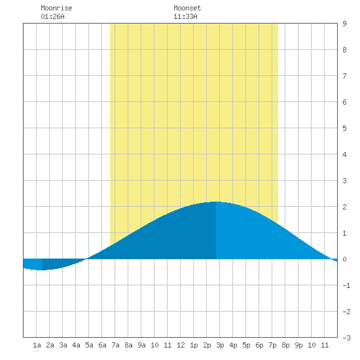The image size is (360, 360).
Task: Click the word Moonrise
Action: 56,8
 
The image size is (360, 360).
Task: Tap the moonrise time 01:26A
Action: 52,16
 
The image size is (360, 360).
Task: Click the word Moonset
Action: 187,8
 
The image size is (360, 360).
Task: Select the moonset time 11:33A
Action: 185,16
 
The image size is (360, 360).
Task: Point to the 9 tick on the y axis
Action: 344,24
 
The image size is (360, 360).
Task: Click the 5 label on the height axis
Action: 344,128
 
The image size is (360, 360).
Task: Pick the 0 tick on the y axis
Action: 344,259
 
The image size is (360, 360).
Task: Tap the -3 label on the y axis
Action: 346,338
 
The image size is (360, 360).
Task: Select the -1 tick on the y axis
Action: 346,285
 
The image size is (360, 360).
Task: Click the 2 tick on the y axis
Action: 344,207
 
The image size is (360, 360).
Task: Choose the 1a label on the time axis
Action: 37,345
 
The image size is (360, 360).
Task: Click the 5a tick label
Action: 89,345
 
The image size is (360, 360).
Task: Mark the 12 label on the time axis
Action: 181,345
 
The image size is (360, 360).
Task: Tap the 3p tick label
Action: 220,345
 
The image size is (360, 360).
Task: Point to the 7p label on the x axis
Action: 272,345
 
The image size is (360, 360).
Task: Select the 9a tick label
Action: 141,345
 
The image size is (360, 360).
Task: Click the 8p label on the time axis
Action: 285,345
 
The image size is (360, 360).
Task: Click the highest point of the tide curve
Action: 216,202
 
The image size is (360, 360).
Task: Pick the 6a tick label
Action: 102,345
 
